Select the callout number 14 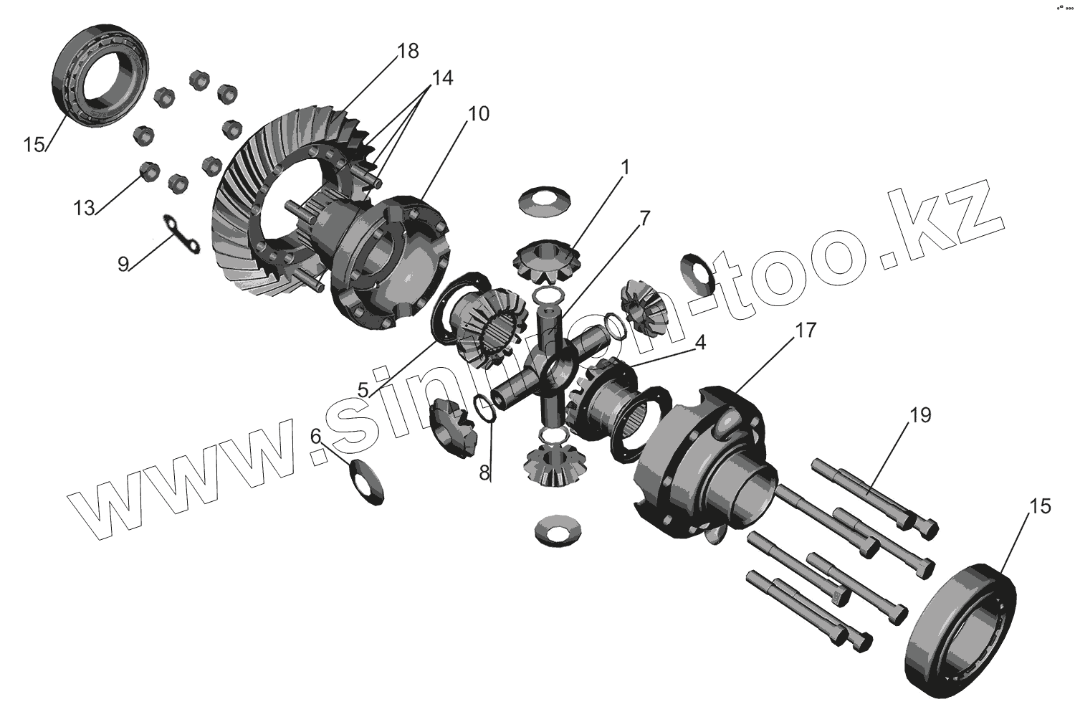pyautogui.click(x=442, y=78)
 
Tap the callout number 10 pyautogui.click(x=479, y=114)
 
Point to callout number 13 pyautogui.click(x=84, y=208)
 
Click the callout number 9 pyautogui.click(x=123, y=264)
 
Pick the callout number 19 pyautogui.click(x=920, y=415)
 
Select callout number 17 pyautogui.click(x=805, y=331)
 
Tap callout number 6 pyautogui.click(x=315, y=437)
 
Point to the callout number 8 pyautogui.click(x=484, y=473)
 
